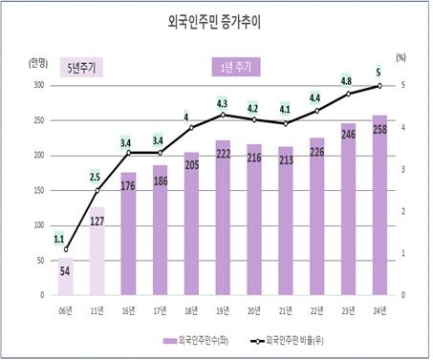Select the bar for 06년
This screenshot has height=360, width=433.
click(66, 277)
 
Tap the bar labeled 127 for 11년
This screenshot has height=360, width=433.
click(97, 253)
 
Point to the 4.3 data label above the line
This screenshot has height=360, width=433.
click(222, 103)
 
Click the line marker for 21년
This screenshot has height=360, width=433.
click(285, 124)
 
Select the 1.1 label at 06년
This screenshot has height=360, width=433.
click(59, 239)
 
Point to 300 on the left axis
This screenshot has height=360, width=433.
click(38, 86)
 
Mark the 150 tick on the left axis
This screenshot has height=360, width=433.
click(38, 190)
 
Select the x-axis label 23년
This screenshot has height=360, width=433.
click(348, 310)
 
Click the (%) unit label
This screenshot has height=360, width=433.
click(401, 60)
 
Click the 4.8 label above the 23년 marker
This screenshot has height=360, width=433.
click(348, 81)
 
